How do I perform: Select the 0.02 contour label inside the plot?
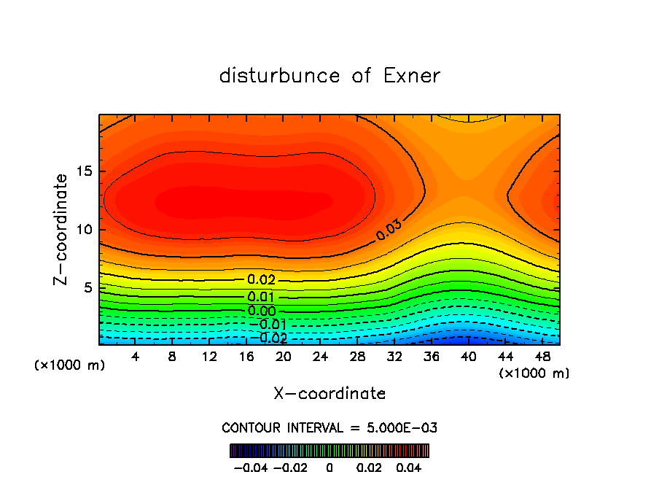(x=261, y=279)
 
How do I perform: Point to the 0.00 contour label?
(x=261, y=311)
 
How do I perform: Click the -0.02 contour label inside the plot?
(x=271, y=338)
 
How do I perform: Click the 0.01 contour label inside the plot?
(x=261, y=297)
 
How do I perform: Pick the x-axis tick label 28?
(x=357, y=357)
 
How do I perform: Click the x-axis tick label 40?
(x=468, y=357)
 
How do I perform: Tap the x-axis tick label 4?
(x=136, y=357)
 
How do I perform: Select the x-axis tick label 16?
(x=246, y=357)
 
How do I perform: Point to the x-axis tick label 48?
(x=542, y=357)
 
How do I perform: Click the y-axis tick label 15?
(x=83, y=172)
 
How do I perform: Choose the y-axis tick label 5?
(x=87, y=287)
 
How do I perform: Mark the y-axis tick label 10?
(x=83, y=230)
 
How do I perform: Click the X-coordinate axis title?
(x=329, y=394)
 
